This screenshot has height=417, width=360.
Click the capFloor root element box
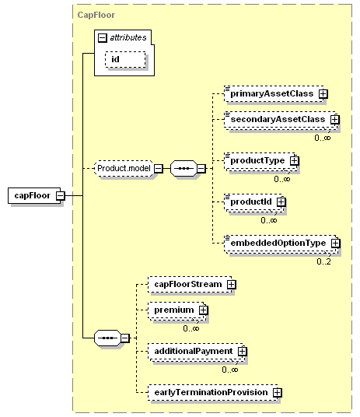(34, 196)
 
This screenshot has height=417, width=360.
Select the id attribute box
(125, 59)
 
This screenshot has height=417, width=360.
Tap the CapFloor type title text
(96, 15)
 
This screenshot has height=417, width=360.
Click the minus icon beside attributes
(103, 38)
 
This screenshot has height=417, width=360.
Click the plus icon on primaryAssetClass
(323, 93)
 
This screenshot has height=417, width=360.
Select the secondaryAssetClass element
(281, 120)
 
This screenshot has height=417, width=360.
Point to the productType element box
(260, 161)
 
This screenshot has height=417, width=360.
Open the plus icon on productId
(281, 202)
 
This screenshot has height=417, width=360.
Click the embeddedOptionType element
(281, 244)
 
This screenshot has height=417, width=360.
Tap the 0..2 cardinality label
(323, 261)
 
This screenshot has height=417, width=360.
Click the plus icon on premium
(203, 310)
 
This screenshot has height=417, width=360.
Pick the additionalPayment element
(197, 352)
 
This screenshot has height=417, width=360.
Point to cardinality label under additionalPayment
(229, 370)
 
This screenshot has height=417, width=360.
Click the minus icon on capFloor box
(61, 196)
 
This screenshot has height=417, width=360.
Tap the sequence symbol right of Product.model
(183, 168)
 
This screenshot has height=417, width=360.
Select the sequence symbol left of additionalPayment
(107, 338)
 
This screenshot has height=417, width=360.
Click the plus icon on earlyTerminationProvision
(278, 393)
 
